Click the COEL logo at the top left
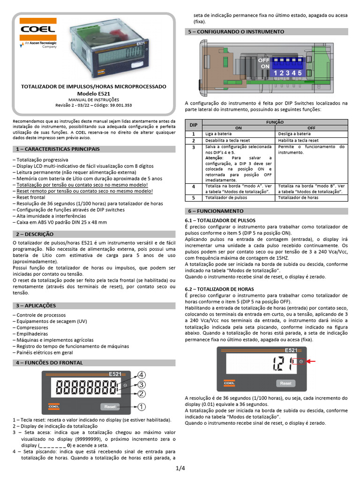37,30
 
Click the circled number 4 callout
141,375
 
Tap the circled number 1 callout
141,406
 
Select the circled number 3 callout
141,385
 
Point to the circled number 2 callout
141,395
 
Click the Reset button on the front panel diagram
110,406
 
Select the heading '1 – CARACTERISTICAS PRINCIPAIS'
58,149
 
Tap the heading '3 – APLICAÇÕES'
36,305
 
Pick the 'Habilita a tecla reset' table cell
299,140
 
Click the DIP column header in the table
193,125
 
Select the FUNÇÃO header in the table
275,121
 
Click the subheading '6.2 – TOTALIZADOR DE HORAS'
219,289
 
